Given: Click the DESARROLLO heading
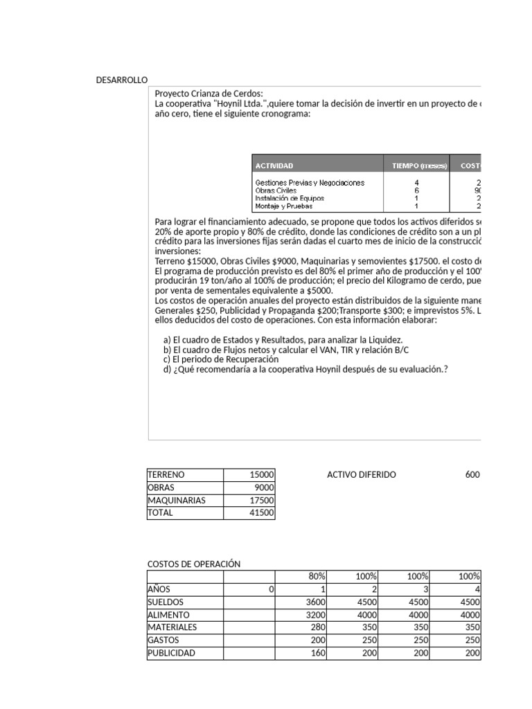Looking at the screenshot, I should point(122,80).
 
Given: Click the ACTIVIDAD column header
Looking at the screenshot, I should point(274,165).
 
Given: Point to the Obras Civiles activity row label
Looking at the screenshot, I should point(276,190).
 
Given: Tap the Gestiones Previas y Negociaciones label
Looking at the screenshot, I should point(309,183).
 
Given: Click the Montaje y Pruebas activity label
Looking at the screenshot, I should point(283,206).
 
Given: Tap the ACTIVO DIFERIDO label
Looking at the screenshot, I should point(361,475).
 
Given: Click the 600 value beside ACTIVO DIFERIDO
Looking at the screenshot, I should point(472,475).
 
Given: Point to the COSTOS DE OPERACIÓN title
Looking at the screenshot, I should point(194,564).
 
